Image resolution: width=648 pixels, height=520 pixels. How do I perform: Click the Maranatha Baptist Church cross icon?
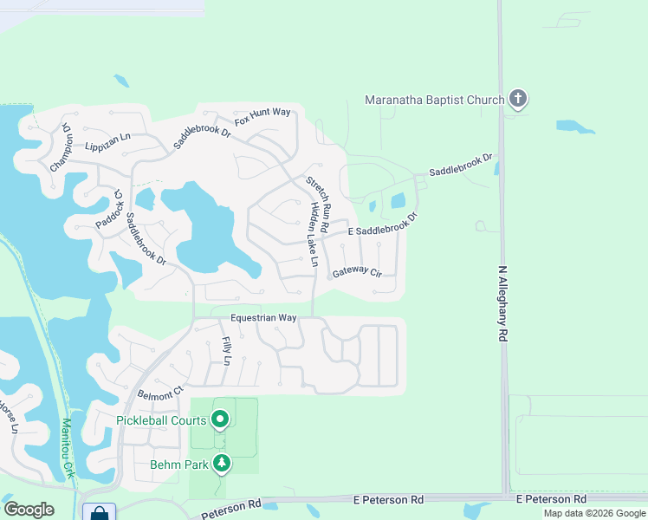click(518, 99)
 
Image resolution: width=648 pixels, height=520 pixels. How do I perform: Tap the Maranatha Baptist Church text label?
click(434, 100)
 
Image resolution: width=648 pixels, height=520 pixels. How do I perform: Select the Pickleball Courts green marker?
click(220, 420)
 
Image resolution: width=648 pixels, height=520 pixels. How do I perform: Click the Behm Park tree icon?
click(222, 465)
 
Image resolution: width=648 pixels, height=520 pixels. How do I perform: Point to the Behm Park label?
click(178, 465)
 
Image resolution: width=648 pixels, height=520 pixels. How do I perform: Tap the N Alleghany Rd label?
click(502, 303)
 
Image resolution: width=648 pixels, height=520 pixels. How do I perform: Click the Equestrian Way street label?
click(265, 318)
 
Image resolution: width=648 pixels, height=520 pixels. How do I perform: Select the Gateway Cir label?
click(357, 272)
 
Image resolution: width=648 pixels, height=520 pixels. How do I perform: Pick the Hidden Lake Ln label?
click(311, 236)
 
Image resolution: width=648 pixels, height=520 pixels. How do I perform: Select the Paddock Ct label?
click(111, 210)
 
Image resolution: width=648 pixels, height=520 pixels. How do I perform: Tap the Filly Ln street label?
click(227, 350)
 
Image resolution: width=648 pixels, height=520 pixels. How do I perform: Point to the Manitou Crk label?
click(67, 449)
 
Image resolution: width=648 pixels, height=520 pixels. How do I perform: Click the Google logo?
click(29, 509)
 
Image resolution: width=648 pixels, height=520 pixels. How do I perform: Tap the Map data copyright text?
click(593, 513)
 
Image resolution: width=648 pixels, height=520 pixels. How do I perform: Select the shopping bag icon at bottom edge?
click(100, 512)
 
